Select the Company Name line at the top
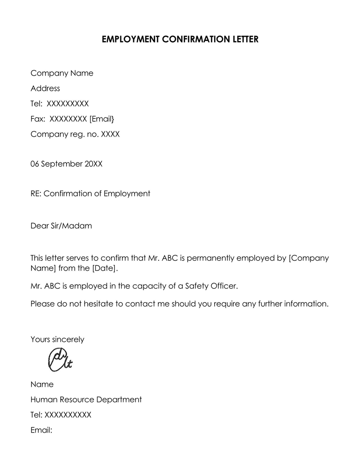click(x=62, y=73)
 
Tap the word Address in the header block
click(x=45, y=89)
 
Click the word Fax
click(x=38, y=119)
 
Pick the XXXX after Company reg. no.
click(x=111, y=134)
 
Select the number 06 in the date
click(x=35, y=164)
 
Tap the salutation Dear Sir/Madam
click(x=61, y=226)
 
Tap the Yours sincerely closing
click(x=57, y=340)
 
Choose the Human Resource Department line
click(x=86, y=399)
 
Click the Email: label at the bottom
click(x=41, y=430)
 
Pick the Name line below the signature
click(x=42, y=385)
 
